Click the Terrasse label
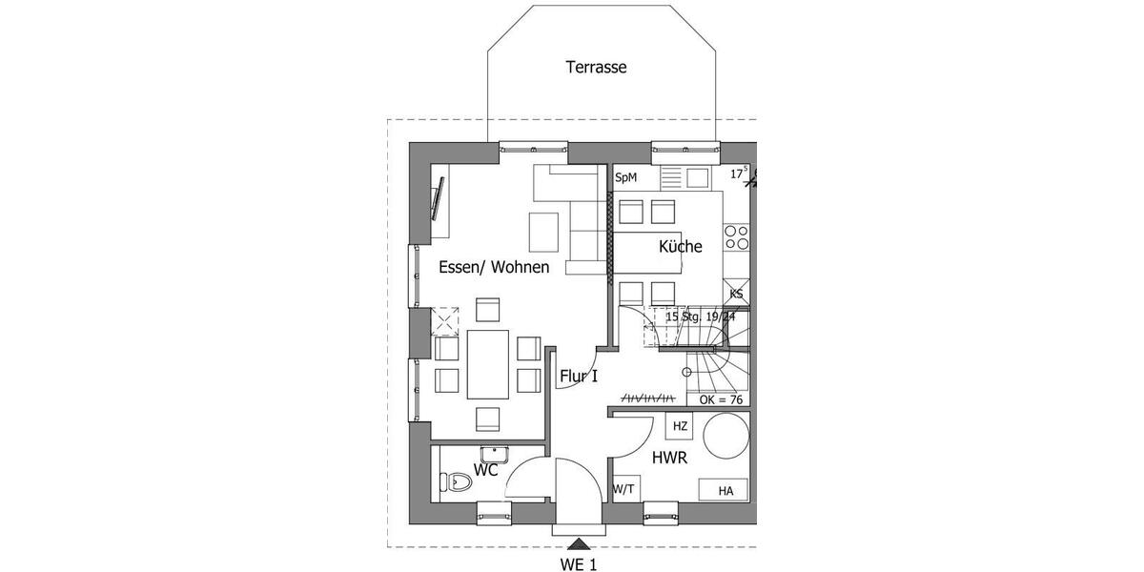(596, 67)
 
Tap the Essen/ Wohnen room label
(494, 268)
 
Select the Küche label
(681, 247)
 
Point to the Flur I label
(579, 377)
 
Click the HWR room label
(670, 459)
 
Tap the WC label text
(486, 470)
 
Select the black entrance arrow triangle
(578, 544)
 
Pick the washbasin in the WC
(494, 454)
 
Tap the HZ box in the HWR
(681, 426)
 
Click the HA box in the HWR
(725, 491)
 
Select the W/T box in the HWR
(625, 489)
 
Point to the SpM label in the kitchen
(625, 177)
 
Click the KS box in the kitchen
(736, 295)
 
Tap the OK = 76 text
(721, 399)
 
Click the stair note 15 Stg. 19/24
(701, 317)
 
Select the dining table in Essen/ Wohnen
(487, 364)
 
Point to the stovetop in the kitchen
(736, 237)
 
